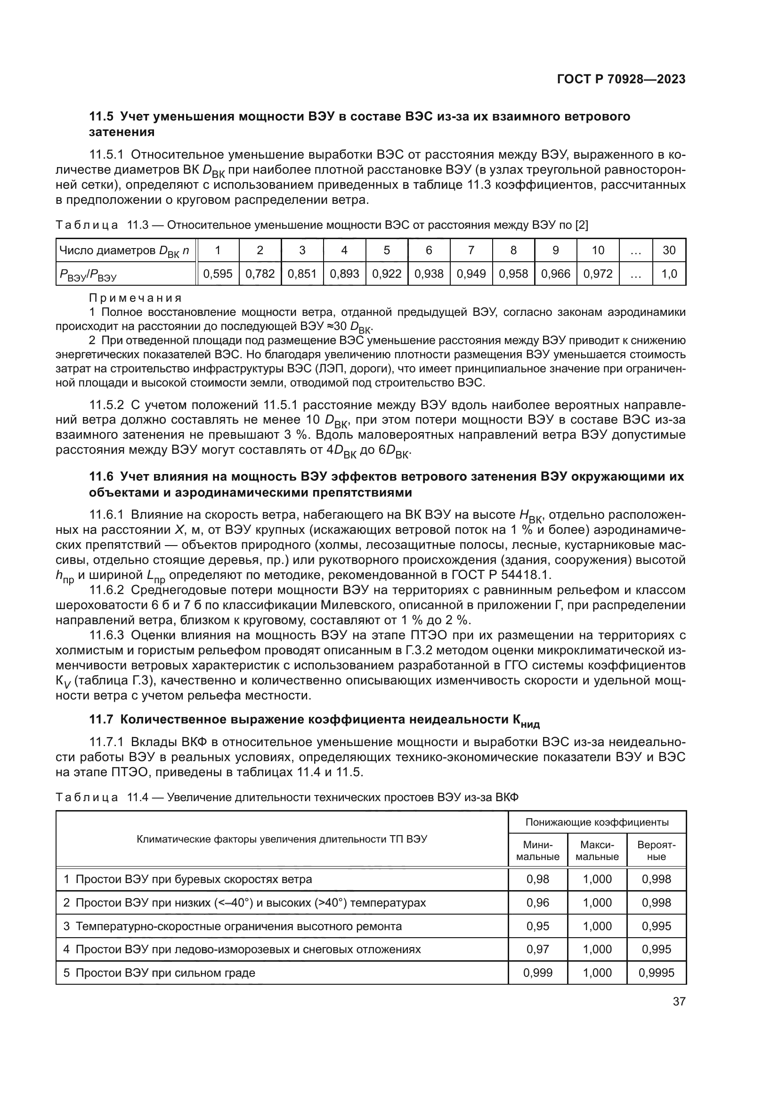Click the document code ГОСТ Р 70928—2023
click(x=621, y=80)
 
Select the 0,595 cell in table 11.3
click(x=218, y=274)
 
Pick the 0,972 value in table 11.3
click(x=598, y=274)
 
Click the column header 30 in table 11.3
click(x=669, y=250)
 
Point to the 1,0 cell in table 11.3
click(x=669, y=274)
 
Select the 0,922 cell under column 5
click(x=387, y=274)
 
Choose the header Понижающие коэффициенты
click(x=597, y=822)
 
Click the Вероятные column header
click(x=656, y=851)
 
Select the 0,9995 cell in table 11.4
click(x=656, y=972)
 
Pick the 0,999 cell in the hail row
click(x=538, y=972)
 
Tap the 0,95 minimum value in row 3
click(x=538, y=926)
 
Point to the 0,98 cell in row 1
click(x=538, y=879)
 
